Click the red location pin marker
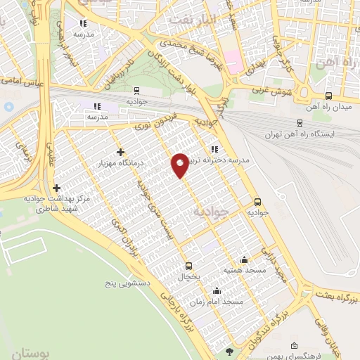click(180, 165)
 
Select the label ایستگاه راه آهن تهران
click(300, 134)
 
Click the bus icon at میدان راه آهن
click(328, 96)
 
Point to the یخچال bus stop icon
click(188, 266)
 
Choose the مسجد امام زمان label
click(221, 301)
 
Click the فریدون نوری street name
click(152, 126)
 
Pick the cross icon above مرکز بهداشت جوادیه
click(56, 188)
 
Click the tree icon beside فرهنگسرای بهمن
click(227, 351)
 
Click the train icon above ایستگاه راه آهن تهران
click(300, 122)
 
